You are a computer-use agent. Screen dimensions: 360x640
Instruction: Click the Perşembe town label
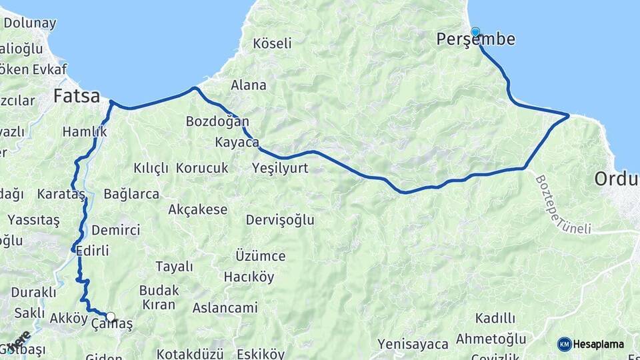475,40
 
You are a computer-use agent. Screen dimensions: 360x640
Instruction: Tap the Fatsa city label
77,96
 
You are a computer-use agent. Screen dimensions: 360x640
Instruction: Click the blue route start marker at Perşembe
475,31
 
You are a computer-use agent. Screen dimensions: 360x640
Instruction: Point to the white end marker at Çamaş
111,317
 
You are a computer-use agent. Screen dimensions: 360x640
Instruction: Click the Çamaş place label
111,325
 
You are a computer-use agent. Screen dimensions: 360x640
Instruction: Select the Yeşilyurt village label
281,168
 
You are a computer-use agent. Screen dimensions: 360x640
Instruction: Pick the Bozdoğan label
217,122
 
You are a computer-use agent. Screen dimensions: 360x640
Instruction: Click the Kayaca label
237,143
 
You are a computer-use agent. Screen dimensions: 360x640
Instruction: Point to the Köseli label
273,44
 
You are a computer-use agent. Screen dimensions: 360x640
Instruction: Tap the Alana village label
249,85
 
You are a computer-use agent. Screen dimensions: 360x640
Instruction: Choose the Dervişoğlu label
280,220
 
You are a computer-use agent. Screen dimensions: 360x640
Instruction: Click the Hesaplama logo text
599,345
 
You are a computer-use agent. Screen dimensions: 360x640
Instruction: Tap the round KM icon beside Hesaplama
565,345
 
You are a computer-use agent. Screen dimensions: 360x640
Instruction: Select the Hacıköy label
249,277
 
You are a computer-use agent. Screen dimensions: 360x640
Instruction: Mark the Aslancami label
225,308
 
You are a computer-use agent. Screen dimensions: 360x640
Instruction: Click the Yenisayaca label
413,345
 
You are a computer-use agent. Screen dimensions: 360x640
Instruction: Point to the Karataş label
61,195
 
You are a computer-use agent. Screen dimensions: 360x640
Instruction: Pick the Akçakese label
198,210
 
